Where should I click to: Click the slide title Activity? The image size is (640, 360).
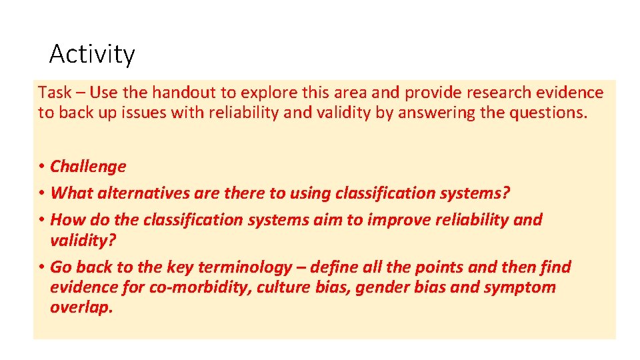point(92,54)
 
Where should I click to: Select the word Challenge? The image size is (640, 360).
point(88,167)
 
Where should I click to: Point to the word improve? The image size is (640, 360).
point(378,219)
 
